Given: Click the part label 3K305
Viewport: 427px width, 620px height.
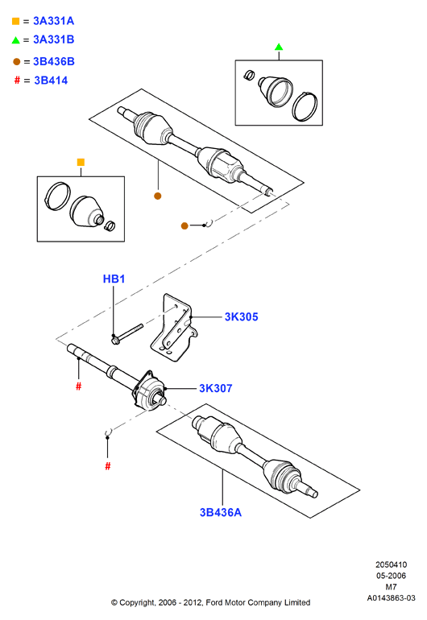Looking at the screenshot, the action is [x=241, y=316].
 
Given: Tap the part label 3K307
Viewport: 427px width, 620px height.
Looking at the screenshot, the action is [x=216, y=388].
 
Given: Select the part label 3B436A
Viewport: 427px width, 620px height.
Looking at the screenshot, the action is [x=221, y=512].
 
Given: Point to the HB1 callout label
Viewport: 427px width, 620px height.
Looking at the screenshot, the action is [x=114, y=279].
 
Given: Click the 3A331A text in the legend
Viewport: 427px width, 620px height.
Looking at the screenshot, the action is [x=54, y=21].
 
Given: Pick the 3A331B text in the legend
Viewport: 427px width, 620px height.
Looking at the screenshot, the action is [x=54, y=39].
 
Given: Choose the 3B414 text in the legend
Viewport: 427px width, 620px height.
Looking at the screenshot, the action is [x=51, y=81].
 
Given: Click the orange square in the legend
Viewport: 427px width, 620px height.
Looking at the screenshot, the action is [x=16, y=21].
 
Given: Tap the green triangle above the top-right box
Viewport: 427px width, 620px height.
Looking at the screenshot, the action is [x=279, y=47].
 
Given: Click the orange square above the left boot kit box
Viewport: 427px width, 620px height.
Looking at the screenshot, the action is [x=81, y=162].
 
